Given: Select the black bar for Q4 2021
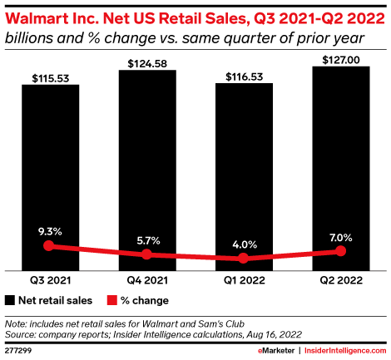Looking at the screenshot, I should (146, 170).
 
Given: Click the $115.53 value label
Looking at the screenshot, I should (50, 77).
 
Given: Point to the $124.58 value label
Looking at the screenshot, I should (146, 63).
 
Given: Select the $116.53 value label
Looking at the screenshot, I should (244, 76).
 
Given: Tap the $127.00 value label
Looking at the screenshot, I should (340, 60).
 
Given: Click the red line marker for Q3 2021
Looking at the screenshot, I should (50, 246).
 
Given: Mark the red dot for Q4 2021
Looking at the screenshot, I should (146, 254).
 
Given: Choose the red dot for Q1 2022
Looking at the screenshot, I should (244, 259).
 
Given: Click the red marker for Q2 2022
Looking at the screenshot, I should (340, 251).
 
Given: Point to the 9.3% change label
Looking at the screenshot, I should (50, 230).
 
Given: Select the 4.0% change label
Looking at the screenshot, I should (244, 244).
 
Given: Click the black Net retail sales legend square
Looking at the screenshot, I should (10, 300).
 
